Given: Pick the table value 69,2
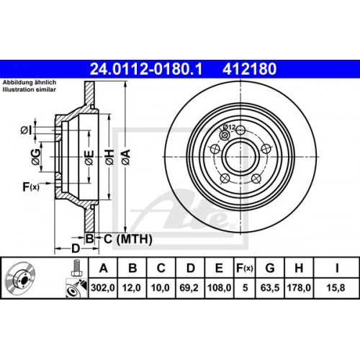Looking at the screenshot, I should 190,290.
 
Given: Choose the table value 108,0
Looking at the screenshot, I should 220,290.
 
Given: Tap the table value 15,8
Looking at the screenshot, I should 336,290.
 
